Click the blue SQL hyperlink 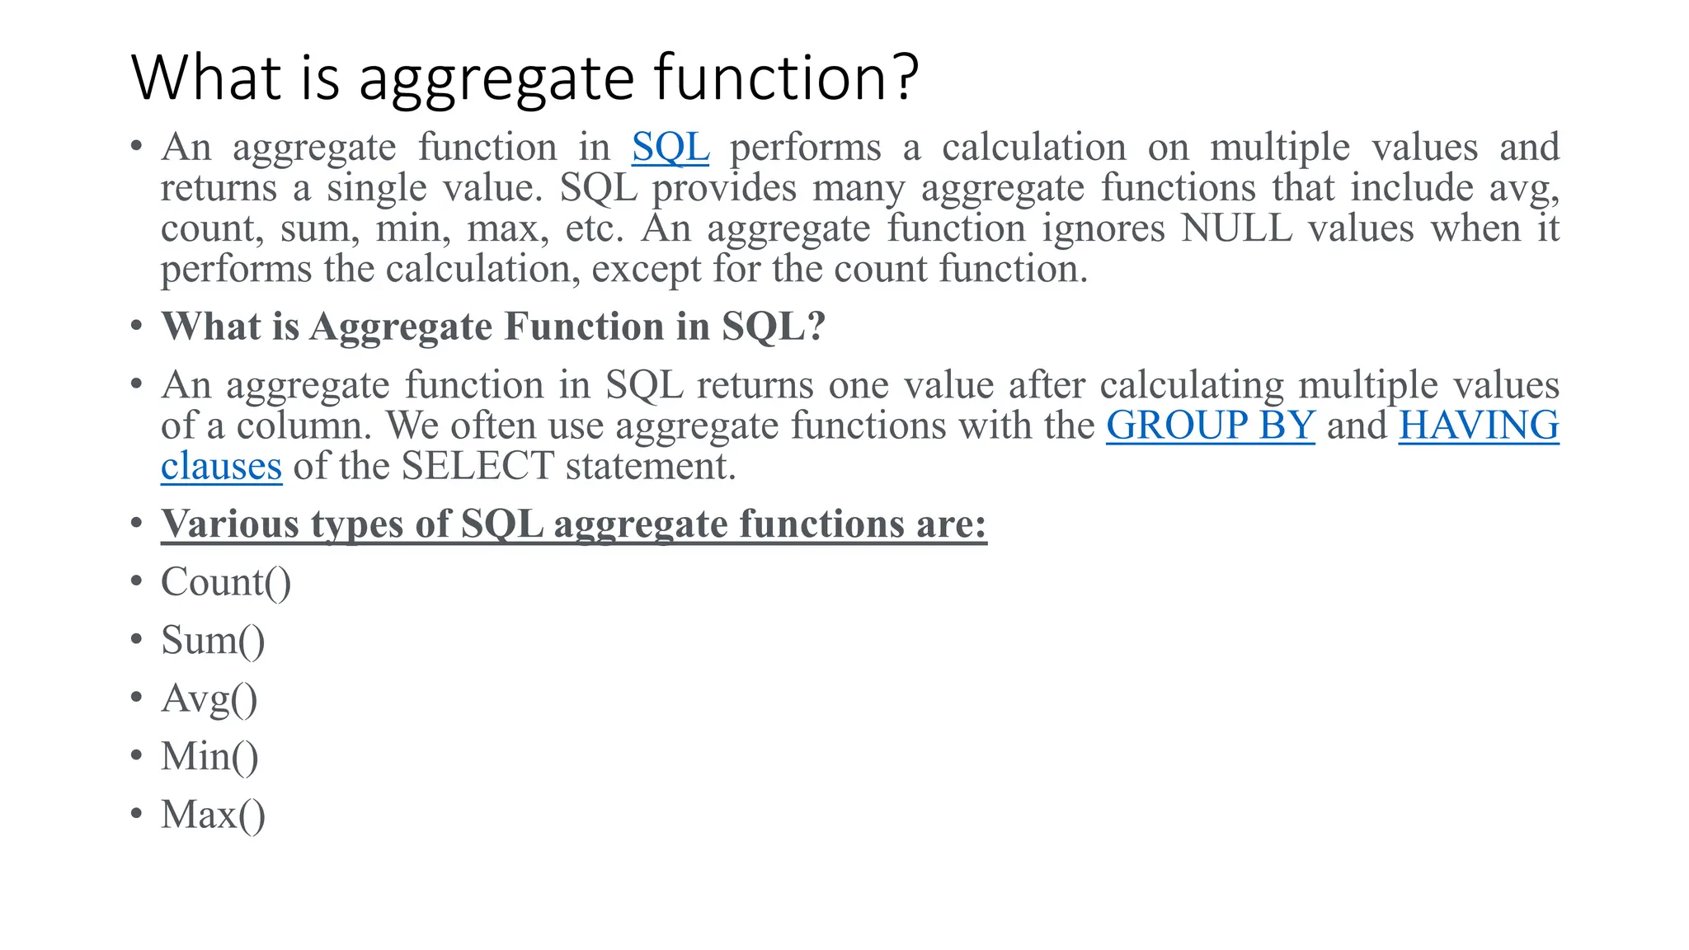pos(670,148)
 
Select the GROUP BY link pos(1210,426)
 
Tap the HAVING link pos(1478,426)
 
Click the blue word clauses pos(221,467)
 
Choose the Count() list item pos(226,583)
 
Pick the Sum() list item pos(213,641)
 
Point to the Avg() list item pos(209,699)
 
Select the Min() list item pos(209,757)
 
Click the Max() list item pos(213,816)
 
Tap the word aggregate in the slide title pos(497,80)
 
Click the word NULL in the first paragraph pos(1235,228)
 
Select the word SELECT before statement pos(478,467)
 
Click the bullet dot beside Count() pos(137,581)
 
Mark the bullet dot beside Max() pos(137,814)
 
